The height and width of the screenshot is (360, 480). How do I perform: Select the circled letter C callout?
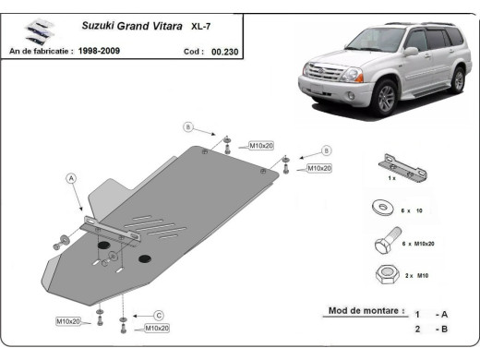coord(158,314)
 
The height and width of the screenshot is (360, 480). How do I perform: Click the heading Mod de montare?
coord(366,311)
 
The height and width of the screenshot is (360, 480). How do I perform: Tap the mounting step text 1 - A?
coord(431,314)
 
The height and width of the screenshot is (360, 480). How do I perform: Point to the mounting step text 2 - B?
coord(431,329)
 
